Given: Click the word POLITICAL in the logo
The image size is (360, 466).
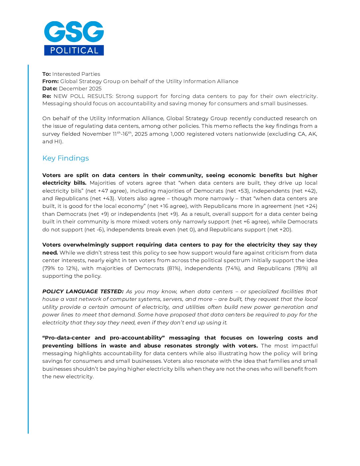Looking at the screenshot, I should tap(74, 50).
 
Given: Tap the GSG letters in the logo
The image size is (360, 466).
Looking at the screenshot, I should tap(74, 32).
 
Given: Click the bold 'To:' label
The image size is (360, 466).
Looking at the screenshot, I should tap(46, 74).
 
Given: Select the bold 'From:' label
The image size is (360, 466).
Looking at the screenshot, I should tap(50, 81).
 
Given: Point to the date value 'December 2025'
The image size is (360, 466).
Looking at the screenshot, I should tap(80, 88).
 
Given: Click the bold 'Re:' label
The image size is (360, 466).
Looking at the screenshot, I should tap(47, 96).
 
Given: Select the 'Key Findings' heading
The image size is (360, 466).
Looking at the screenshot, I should tap(66, 158).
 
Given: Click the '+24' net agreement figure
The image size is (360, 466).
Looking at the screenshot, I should tap(310, 206).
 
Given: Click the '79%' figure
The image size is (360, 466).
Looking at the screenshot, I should tap(50, 268).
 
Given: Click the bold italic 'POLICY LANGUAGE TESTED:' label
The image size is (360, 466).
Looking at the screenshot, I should tap(83, 291).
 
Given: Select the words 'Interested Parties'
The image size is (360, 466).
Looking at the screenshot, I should tap(76, 74).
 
